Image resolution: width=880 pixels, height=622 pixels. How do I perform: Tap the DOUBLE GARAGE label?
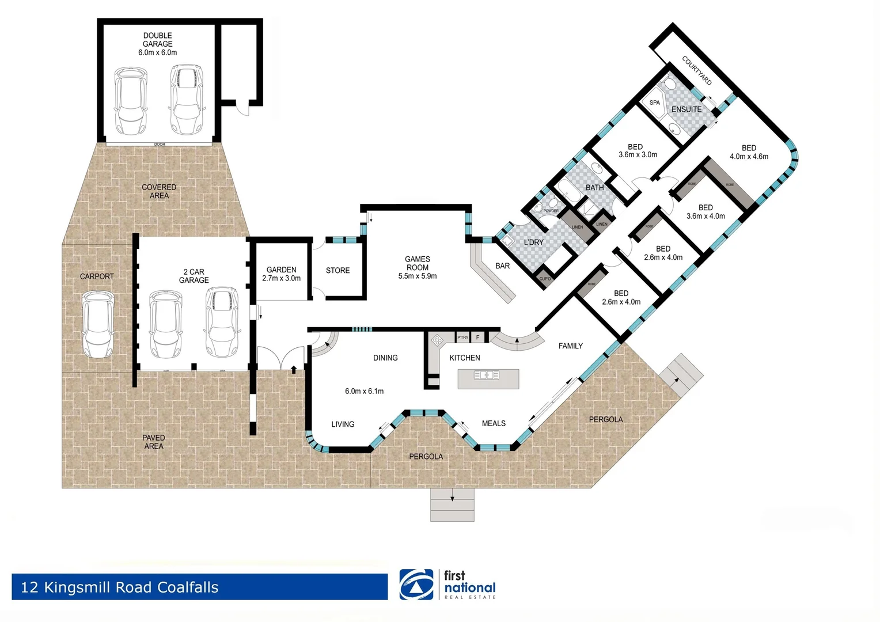coord(157,40)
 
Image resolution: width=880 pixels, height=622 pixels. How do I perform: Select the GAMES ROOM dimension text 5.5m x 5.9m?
coord(417,276)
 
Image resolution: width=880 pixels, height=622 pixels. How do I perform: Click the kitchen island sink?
coord(487,376)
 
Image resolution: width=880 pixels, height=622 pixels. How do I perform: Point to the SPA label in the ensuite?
coord(655,103)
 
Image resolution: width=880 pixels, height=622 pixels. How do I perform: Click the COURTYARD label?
coord(697,71)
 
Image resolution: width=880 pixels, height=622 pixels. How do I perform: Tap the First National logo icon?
coord(416,585)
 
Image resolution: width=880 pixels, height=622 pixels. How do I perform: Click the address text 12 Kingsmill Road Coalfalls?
coord(120,587)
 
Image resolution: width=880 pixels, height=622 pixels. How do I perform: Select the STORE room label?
coord(337,271)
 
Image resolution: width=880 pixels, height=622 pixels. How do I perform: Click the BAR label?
coord(502,266)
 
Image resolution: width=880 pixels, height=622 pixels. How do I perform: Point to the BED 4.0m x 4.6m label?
coord(749,152)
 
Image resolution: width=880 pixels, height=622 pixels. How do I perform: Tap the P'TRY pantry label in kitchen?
coord(462,337)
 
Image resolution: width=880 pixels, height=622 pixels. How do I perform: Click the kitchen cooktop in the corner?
coord(437,339)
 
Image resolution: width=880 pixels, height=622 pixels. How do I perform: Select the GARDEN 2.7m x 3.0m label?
coord(281,274)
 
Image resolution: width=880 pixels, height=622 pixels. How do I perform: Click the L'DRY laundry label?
coord(533,242)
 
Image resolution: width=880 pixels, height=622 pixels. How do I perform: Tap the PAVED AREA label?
coord(154,442)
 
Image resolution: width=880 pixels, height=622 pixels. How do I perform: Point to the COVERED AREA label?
coord(159,191)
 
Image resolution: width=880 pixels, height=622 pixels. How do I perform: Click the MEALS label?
coord(494,423)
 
